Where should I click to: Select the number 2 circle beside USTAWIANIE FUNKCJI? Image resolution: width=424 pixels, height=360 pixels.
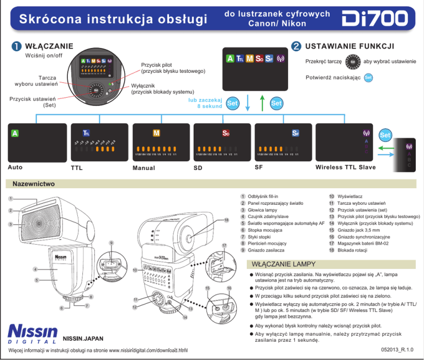coord(296,46)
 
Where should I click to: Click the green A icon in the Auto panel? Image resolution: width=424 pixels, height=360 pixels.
coord(15,133)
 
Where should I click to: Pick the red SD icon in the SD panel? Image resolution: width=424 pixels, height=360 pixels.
coord(226,133)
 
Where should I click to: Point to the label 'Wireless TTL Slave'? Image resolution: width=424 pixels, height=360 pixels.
coord(345,167)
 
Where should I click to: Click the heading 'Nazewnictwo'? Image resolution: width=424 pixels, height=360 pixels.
coord(34,183)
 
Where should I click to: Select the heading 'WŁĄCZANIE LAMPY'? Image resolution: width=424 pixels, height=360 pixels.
coord(284,263)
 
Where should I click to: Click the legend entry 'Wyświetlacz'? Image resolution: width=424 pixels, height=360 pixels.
coord(349,197)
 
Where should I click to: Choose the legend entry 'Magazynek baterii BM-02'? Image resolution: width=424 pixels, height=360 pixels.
coord(370,243)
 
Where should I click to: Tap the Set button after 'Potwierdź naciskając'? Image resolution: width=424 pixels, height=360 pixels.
coord(369,77)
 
